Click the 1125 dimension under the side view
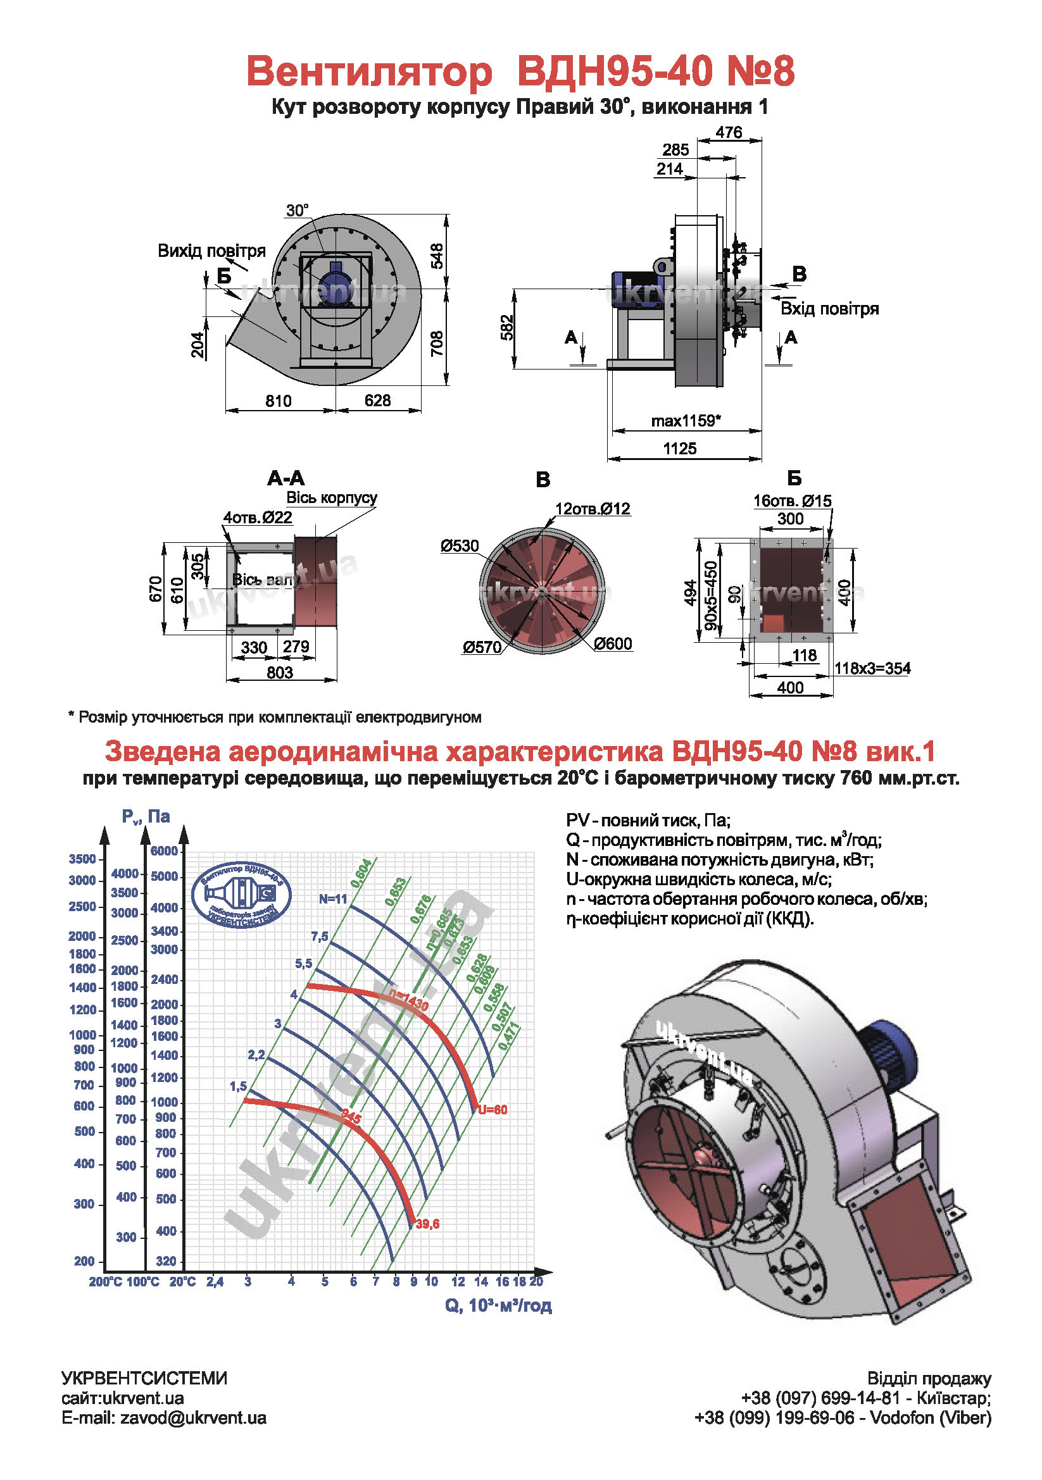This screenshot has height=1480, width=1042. coord(680,449)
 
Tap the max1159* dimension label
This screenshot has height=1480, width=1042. coord(686,421)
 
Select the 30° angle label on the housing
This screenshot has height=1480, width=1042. coord(298,210)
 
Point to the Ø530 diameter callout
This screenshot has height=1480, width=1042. coord(459,546)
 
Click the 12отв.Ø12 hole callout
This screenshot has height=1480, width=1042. coord(593,509)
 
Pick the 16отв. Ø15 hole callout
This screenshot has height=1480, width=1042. coord(792,501)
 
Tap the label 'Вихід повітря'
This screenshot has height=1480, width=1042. coord(211,251)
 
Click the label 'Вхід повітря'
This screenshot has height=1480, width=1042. coord(829,309)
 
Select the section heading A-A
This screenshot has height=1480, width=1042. coord(286,478)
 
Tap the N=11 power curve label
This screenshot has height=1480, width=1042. coord(333,899)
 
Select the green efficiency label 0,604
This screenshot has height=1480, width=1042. coord(361,873)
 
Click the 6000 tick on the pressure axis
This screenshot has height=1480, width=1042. coord(164,851)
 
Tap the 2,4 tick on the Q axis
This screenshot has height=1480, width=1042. coord(215,1282)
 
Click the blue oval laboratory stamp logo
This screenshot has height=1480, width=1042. coord(241,895)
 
